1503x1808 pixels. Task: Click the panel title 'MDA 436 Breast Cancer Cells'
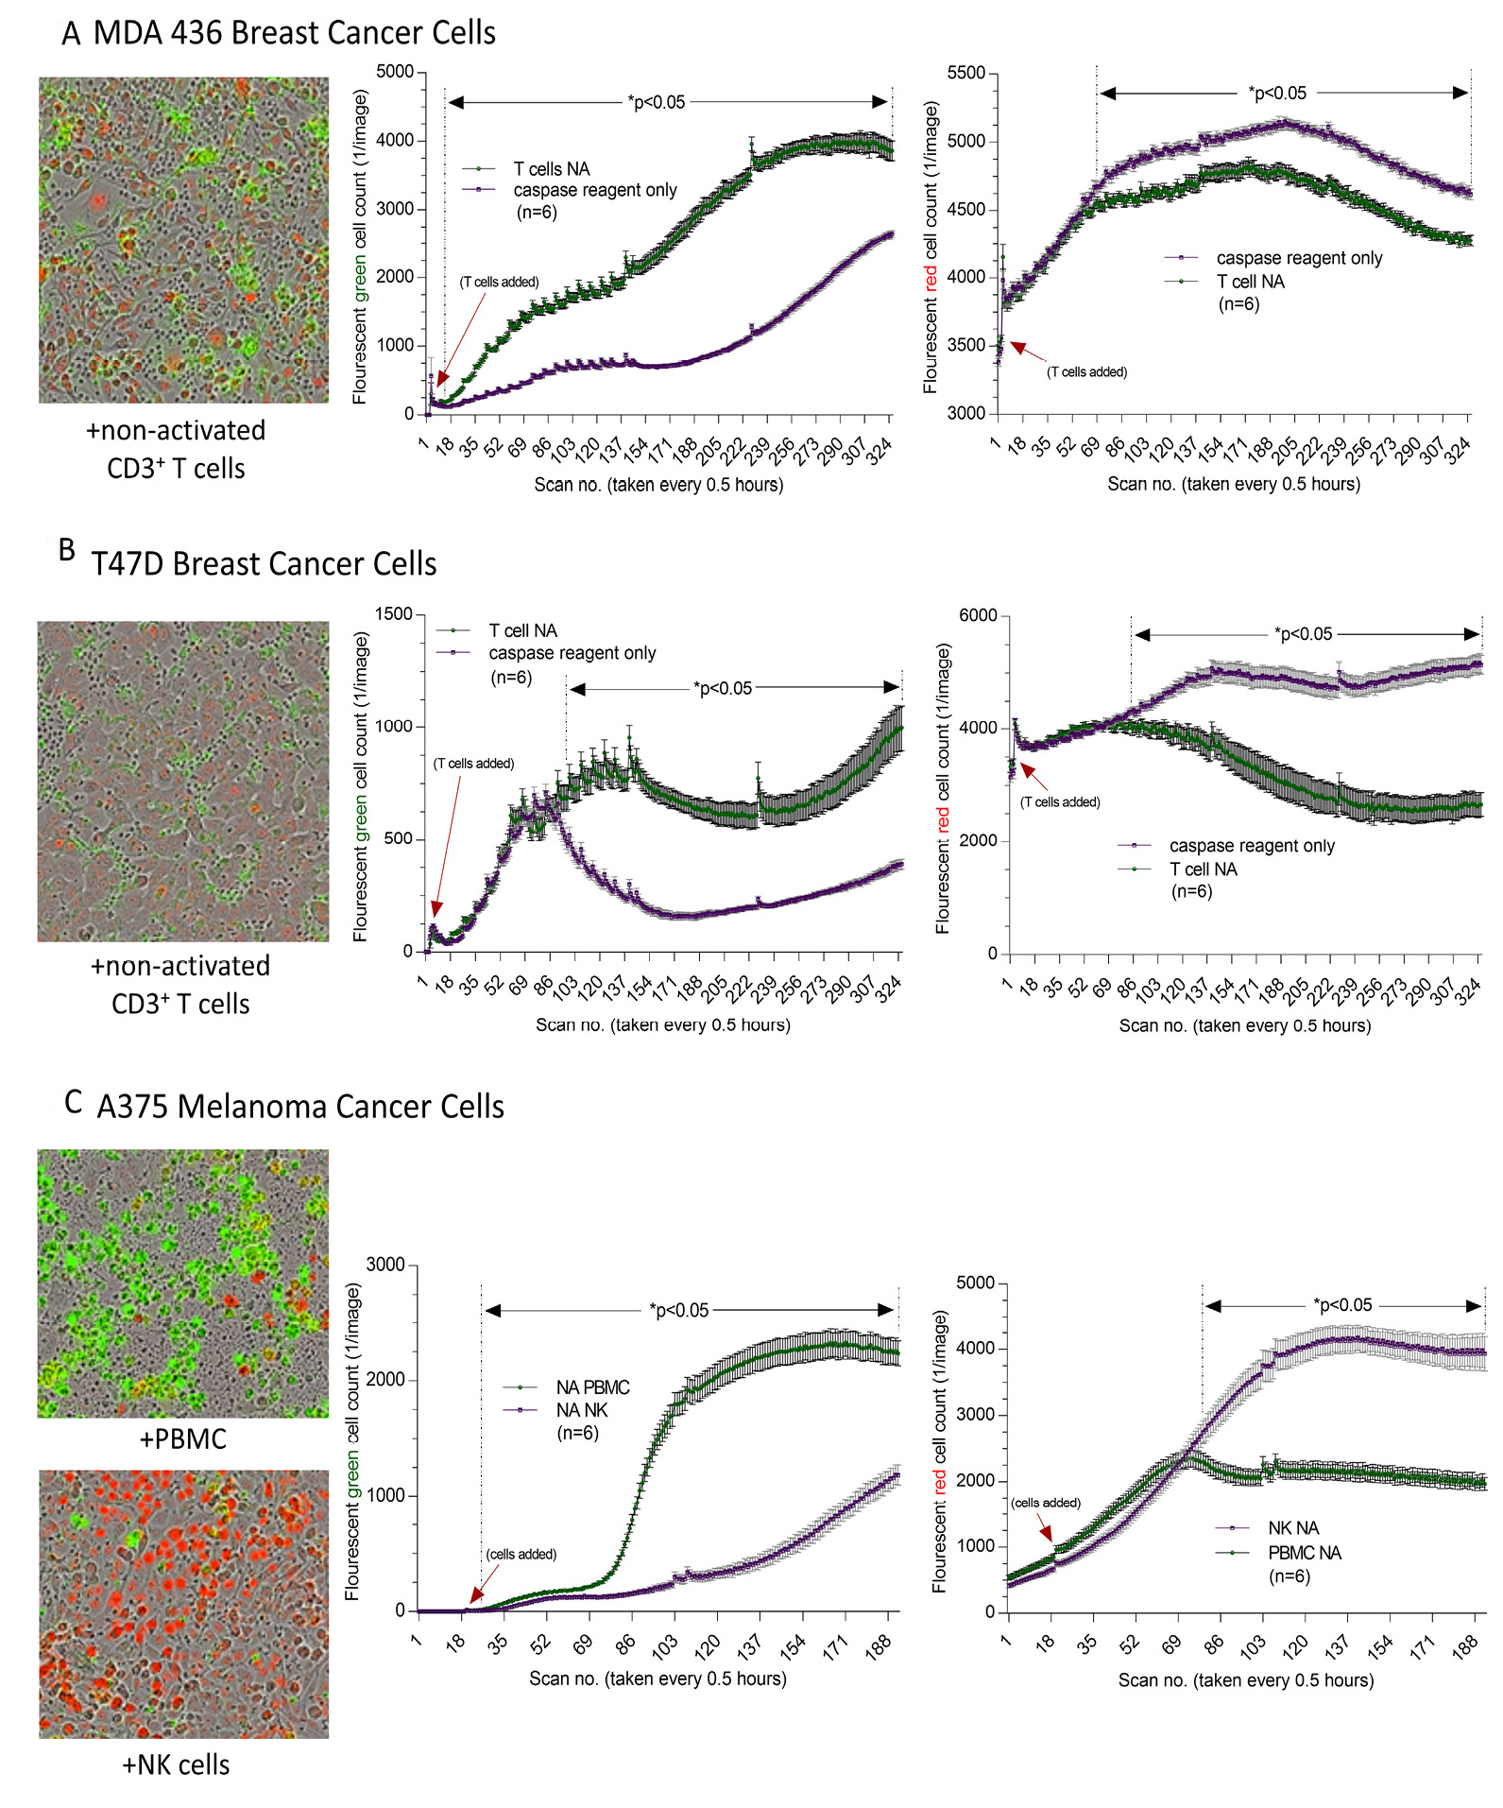294,34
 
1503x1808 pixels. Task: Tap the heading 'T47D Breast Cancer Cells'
264,564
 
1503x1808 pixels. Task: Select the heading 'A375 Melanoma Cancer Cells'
300,1107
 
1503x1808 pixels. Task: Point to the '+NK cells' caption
176,1765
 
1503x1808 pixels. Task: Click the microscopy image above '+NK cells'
183,1604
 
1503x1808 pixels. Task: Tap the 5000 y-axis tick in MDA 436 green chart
395,72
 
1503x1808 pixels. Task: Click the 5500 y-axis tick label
965,74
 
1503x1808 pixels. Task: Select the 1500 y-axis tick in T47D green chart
394,614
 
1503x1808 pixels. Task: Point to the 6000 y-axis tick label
978,616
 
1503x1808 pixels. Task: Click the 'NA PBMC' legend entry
592,1387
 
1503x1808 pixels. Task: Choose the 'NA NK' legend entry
582,1410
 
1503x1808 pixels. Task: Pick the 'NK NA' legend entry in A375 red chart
1293,1528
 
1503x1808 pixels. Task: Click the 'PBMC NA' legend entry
1305,1553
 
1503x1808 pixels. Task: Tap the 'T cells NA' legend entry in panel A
552,169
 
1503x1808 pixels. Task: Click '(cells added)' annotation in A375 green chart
521,1555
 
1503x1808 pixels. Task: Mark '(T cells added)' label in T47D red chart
1060,802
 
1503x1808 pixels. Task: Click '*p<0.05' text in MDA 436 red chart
1277,94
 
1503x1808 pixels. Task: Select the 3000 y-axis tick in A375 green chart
385,1266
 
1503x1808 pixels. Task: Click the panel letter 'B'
67,550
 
